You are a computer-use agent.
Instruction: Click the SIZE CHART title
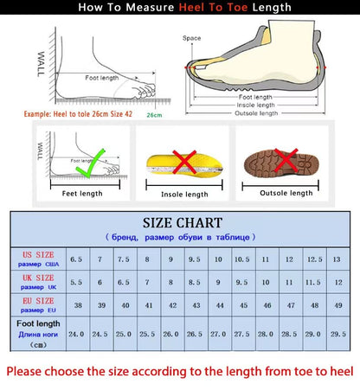[x=181, y=223]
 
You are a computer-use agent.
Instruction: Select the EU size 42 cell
[x=171, y=305]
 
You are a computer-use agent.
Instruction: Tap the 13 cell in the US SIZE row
[x=336, y=259]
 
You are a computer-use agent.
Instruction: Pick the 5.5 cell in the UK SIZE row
[x=76, y=282]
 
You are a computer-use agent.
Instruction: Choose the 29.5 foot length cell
[x=336, y=333]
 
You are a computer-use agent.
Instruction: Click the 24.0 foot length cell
[x=76, y=333]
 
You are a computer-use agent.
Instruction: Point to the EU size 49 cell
[x=336, y=305]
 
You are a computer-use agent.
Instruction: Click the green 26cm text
[x=154, y=114]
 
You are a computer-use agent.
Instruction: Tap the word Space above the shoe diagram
[x=191, y=38]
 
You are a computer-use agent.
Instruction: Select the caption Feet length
[x=81, y=193]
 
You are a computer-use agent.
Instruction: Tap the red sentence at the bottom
[x=180, y=372]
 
